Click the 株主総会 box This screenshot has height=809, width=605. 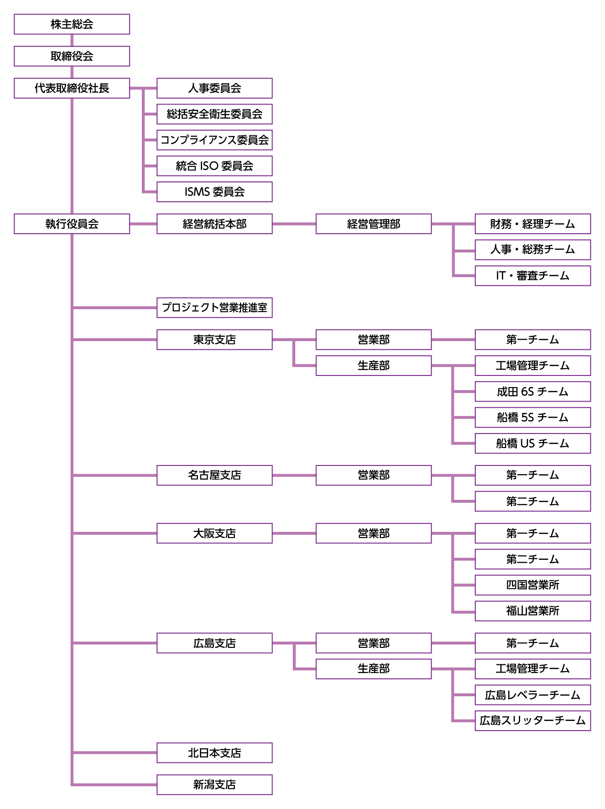click(x=72, y=24)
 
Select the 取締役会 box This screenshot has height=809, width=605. click(x=72, y=56)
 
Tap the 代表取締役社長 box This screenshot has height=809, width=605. click(x=72, y=88)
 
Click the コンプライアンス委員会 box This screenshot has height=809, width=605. click(x=214, y=140)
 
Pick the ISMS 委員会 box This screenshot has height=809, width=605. click(x=214, y=192)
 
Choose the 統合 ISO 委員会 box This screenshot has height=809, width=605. click(x=214, y=166)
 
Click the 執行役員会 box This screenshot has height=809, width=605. click(x=72, y=224)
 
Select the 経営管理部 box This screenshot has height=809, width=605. click(x=373, y=224)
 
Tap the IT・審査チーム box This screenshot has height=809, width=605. click(x=532, y=276)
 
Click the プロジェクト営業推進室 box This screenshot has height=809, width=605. click(x=214, y=308)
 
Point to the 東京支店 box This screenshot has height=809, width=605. click(x=214, y=340)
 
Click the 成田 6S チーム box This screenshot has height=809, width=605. click(x=532, y=391)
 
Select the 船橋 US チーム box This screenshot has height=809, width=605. click(x=532, y=443)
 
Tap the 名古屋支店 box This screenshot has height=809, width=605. click(x=214, y=475)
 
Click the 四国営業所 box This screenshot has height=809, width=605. click(x=532, y=585)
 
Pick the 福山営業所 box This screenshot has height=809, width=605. click(x=532, y=611)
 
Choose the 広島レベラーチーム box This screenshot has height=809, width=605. click(x=532, y=695)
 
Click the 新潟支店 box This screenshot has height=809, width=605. click(x=214, y=784)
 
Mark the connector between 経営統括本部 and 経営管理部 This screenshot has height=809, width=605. click(x=294, y=224)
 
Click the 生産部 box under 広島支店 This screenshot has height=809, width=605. click(x=373, y=669)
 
